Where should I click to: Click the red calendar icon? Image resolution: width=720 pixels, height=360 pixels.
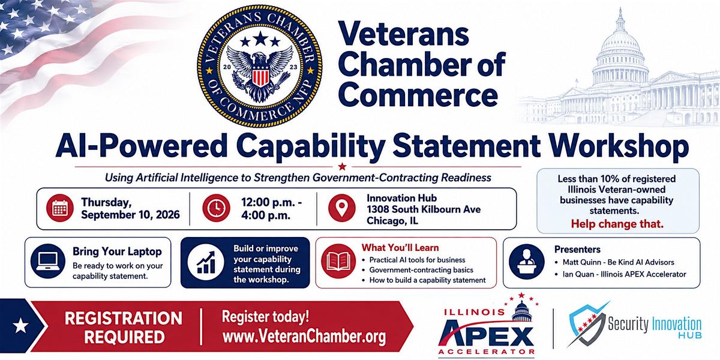pyautogui.click(x=60, y=208)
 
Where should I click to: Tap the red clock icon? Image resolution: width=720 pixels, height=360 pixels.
pyautogui.click(x=216, y=208)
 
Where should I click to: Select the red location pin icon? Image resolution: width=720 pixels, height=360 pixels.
pyautogui.click(x=341, y=208)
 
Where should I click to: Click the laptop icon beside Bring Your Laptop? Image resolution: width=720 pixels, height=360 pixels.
pyautogui.click(x=48, y=262)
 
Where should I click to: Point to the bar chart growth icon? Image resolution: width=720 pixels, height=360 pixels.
pyautogui.click(x=206, y=262)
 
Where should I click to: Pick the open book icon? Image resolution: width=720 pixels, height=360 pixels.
pyautogui.click(x=338, y=261)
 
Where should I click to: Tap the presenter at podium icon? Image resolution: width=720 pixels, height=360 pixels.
pyautogui.click(x=527, y=262)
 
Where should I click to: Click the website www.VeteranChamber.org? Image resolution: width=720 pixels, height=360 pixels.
pyautogui.click(x=304, y=337)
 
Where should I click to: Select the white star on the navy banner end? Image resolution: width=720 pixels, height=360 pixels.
pyautogui.click(x=20, y=325)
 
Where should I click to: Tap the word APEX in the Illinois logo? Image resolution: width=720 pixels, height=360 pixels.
pyautogui.click(x=487, y=336)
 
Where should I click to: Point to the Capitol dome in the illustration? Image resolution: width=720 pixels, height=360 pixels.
pyautogui.click(x=620, y=48)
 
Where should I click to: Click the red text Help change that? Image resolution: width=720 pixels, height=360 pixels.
pyautogui.click(x=617, y=224)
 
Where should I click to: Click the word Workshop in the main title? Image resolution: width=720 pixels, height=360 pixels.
pyautogui.click(x=619, y=146)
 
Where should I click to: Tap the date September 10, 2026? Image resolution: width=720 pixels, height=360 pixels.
pyautogui.click(x=130, y=215)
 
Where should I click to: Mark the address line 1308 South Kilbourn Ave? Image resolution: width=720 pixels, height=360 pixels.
pyautogui.click(x=424, y=209)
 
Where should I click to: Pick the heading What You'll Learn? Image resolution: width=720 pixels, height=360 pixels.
pyautogui.click(x=400, y=247)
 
